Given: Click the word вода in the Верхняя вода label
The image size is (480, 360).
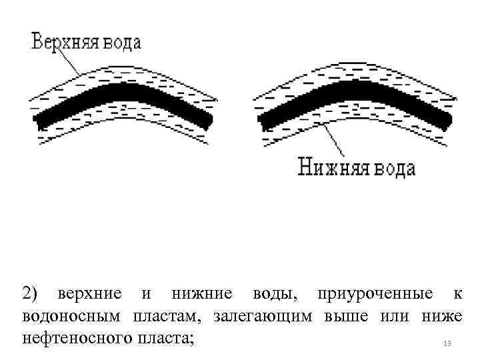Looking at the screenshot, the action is click(x=121, y=43).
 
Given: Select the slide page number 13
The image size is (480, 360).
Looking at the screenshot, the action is click(x=447, y=343).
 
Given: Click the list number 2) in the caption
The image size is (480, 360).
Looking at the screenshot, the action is click(x=31, y=293).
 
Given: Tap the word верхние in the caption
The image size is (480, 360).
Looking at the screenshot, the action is click(x=89, y=293).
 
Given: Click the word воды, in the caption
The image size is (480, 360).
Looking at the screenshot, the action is click(x=276, y=293).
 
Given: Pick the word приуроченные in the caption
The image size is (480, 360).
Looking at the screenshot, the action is click(x=375, y=293).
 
